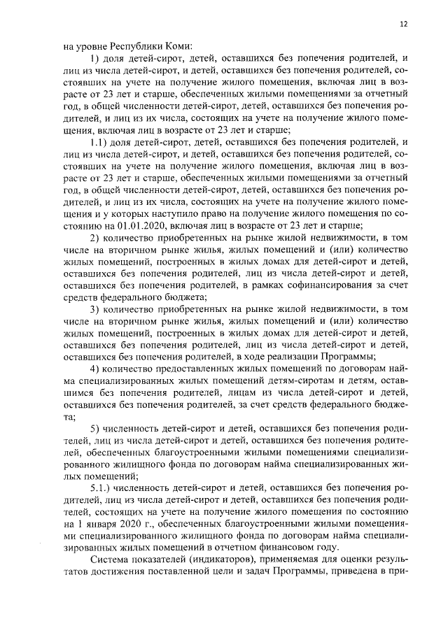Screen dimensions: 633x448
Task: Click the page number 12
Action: point(403,24)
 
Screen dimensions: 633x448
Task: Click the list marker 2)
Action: point(96,238)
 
